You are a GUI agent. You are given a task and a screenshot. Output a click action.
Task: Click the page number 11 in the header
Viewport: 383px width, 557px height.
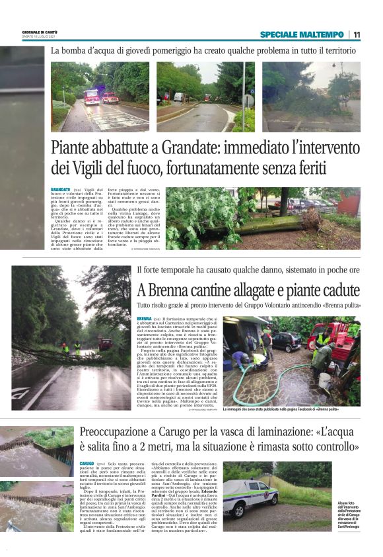click(x=357, y=34)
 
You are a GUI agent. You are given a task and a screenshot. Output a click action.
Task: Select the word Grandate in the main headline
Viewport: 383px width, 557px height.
click(x=168, y=147)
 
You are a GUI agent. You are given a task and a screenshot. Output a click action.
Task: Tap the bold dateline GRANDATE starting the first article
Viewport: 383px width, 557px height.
click(x=60, y=189)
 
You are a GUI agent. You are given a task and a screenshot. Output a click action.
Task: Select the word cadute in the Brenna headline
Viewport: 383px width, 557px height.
click(x=336, y=290)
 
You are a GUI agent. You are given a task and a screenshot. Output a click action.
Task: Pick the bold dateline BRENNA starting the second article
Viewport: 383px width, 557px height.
click(x=145, y=320)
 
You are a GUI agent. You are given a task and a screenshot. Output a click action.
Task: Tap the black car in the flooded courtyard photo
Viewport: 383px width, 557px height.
click(x=287, y=341)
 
